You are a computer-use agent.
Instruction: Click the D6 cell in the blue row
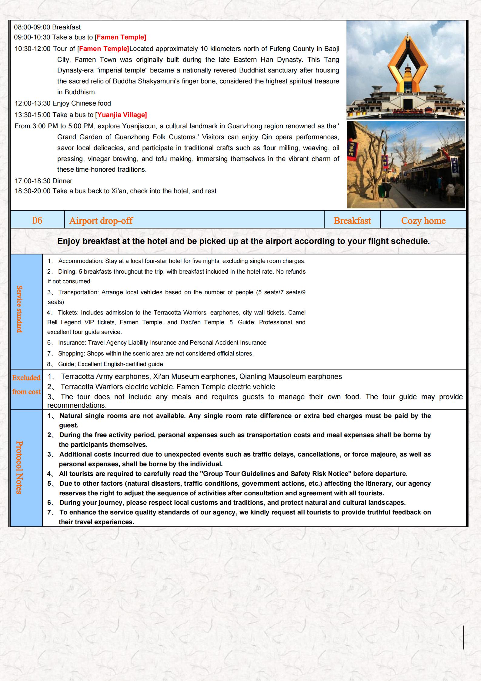pos(37,221)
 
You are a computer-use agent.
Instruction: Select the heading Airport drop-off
pos(101,221)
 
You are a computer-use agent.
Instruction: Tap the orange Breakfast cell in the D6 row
pos(352,221)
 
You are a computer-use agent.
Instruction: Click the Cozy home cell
pos(423,221)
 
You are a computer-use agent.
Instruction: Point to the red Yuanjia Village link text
pos(121,115)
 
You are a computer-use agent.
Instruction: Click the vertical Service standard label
pos(19,309)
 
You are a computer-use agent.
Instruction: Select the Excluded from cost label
pos(26,385)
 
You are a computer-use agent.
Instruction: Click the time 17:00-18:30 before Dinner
pos(33,181)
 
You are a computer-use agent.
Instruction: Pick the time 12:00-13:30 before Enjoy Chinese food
pos(33,103)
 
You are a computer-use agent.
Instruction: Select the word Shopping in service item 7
pos(71,353)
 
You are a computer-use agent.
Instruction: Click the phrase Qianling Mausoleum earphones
pos(290,376)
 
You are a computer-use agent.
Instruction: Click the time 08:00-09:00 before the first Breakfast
pos(32,27)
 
